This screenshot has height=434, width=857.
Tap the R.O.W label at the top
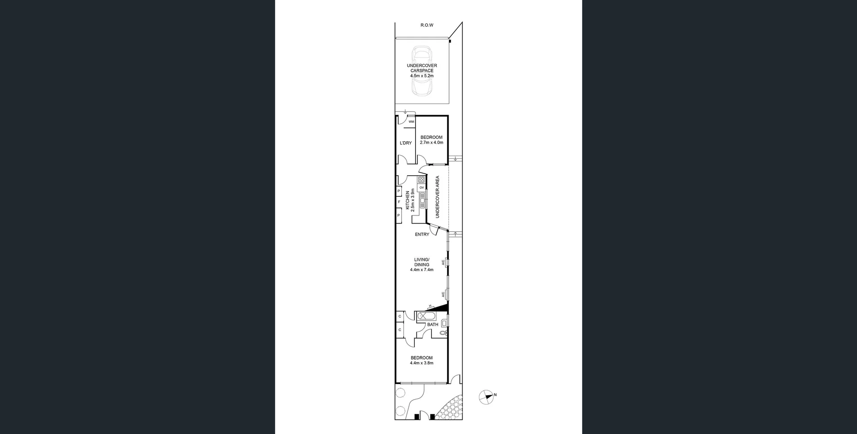click(x=427, y=25)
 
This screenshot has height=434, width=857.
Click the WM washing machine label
click(x=411, y=121)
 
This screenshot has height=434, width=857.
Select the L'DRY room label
click(x=406, y=143)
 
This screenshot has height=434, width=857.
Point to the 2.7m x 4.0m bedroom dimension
click(x=431, y=143)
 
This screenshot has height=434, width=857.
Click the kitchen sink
click(x=422, y=201)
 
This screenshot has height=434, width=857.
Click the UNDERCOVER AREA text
click(x=437, y=197)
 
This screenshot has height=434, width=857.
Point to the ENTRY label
click(x=422, y=235)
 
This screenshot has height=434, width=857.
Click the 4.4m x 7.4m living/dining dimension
click(x=421, y=270)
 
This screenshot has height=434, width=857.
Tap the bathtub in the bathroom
click(x=427, y=317)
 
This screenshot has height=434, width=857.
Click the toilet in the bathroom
click(x=443, y=333)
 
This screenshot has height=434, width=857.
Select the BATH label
click(x=433, y=325)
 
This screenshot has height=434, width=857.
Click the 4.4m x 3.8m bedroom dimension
click(x=421, y=363)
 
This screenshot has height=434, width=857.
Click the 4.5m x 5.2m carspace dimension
click(x=422, y=76)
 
